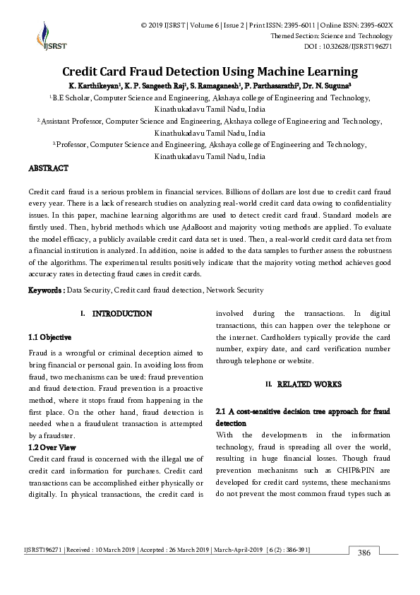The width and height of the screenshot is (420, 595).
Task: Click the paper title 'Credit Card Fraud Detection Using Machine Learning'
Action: [x=210, y=71]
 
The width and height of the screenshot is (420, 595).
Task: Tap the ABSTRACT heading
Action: [x=48, y=169]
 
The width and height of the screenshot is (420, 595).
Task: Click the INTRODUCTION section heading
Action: [x=121, y=313]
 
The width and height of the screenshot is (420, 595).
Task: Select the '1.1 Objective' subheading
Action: [x=49, y=338]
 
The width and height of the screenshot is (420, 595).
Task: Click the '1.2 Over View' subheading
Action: [x=52, y=447]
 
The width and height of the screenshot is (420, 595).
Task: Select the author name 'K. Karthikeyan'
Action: [x=94, y=86]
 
